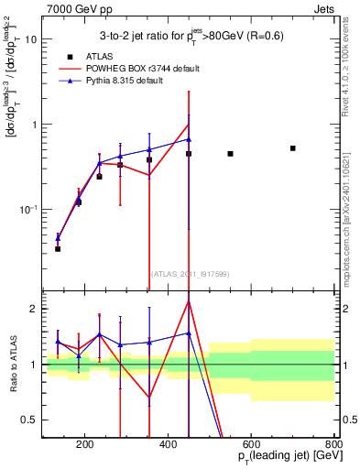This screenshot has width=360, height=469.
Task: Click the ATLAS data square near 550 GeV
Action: (x=230, y=154)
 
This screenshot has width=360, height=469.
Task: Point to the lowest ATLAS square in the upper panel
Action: (x=58, y=248)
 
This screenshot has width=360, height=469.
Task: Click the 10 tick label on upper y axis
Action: (x=30, y=40)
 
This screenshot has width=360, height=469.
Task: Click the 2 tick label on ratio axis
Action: (x=34, y=309)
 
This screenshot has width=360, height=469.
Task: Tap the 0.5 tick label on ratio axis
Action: (x=30, y=420)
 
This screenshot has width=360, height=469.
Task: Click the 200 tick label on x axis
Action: (x=84, y=445)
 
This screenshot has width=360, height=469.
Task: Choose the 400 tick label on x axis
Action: (x=168, y=445)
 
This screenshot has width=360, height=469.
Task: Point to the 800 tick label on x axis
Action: (x=333, y=445)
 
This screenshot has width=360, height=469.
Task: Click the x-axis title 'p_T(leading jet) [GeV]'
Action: (x=277, y=458)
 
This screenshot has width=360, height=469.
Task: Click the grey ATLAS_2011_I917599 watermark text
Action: (x=189, y=274)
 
